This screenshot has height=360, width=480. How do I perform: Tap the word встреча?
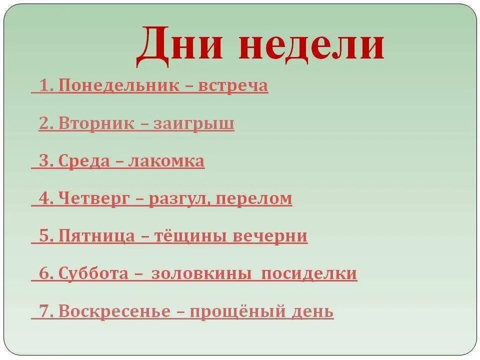[x=233, y=86]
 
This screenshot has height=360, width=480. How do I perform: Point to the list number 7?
[x=45, y=311]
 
